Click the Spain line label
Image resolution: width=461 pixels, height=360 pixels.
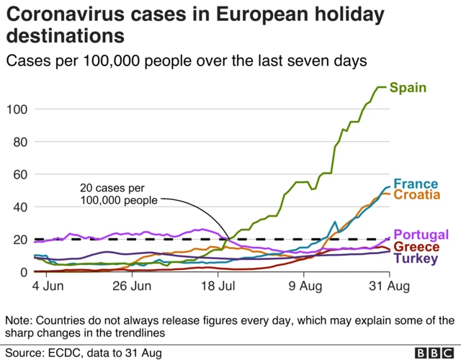coord(408,88)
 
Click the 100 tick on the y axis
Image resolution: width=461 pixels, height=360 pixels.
coord(17,109)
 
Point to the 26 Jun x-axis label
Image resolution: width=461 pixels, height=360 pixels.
coord(132,287)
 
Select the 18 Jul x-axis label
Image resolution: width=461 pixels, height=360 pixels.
coord(217,287)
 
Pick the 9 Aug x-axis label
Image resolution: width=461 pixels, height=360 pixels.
coord(303,287)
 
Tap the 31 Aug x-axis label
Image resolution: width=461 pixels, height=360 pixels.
coord(389,287)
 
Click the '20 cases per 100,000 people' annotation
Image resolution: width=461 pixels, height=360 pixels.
coord(117,194)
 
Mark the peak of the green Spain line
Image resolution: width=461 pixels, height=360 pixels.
coord(382,87)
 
